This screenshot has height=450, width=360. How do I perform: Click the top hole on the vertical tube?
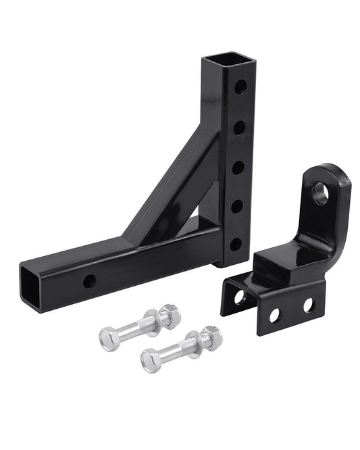(x=240, y=88)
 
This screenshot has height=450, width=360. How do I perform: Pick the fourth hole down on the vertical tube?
(x=238, y=205)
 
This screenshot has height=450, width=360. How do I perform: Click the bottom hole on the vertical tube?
(x=235, y=244)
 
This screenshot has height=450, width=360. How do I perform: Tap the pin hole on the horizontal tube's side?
(x=89, y=281)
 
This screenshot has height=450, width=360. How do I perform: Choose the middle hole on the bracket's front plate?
(x=275, y=315)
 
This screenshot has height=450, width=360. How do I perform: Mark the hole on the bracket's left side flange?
(x=238, y=297)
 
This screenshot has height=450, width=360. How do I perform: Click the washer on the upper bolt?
(x=157, y=320)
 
